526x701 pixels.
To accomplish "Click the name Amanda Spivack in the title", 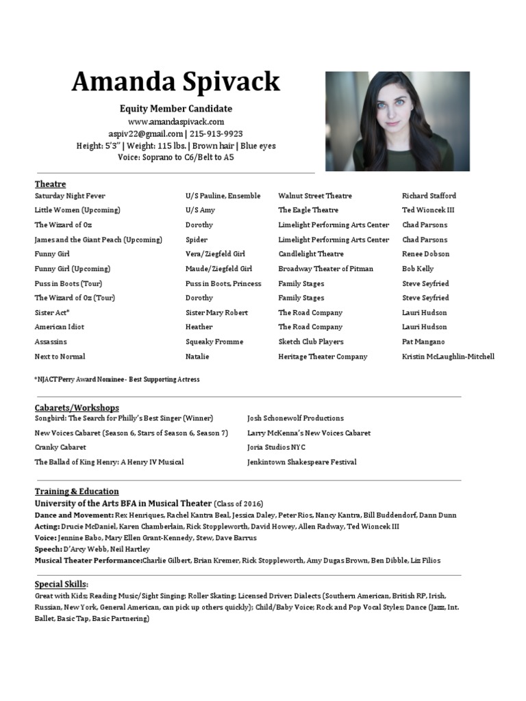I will (x=176, y=82).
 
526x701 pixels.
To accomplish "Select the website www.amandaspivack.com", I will (x=176, y=121).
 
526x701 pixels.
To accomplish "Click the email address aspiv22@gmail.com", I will (x=146, y=133).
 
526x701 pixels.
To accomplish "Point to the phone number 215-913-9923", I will (x=216, y=133).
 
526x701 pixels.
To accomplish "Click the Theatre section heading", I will (x=51, y=183).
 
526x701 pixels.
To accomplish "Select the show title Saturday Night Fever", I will (x=70, y=196).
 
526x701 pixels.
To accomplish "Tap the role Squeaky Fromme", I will (x=214, y=342).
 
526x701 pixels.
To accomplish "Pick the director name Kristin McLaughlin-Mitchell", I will (x=448, y=357).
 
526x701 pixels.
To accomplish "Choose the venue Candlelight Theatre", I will (x=311, y=254).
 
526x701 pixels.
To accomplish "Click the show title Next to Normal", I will (x=60, y=357).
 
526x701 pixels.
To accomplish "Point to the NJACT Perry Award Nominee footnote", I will (x=116, y=379).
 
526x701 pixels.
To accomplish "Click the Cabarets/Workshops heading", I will (x=77, y=407).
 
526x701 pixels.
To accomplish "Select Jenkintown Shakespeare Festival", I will (x=301, y=462).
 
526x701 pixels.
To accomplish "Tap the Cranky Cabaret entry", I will (x=60, y=447).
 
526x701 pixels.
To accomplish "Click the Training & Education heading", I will (x=77, y=491).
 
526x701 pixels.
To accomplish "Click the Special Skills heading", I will (x=61, y=584).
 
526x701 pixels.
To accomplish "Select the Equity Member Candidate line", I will (x=176, y=109).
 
